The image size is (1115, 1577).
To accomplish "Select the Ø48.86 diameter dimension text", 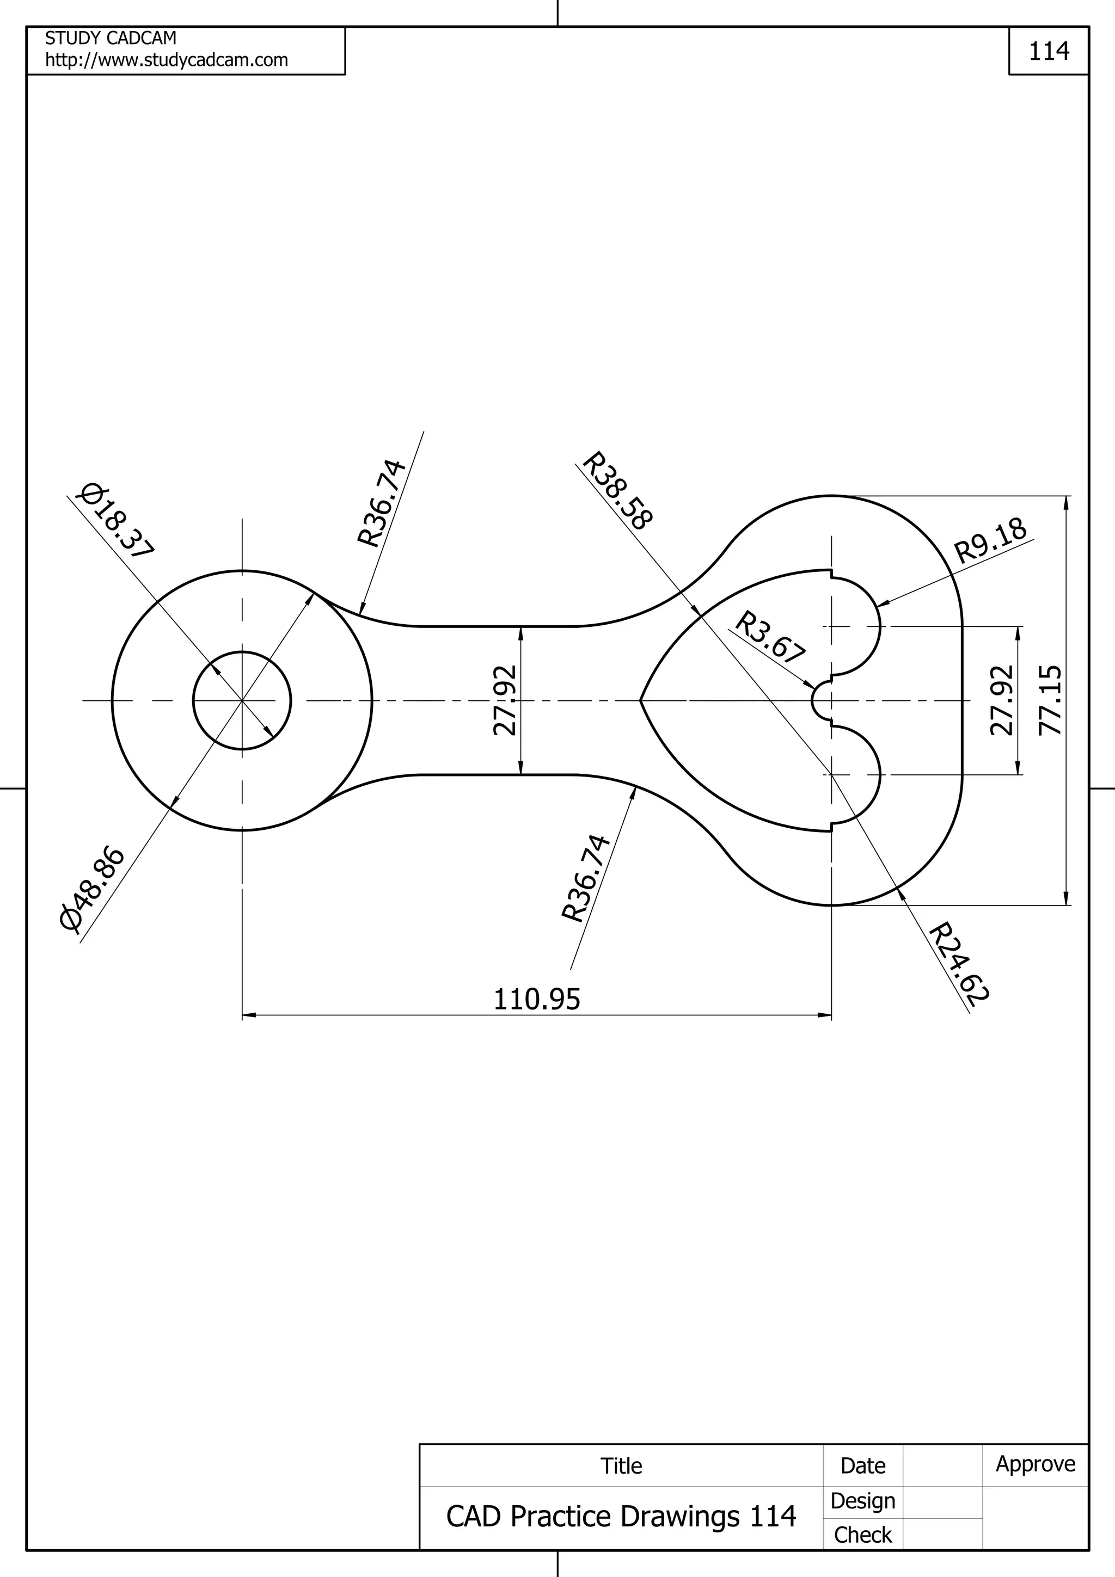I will [93, 890].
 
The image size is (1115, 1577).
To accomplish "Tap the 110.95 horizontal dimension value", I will [537, 999].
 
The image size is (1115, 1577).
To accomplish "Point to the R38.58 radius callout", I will [616, 491].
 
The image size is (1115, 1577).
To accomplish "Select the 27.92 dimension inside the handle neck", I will [505, 700].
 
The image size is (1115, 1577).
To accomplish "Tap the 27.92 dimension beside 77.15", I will [1002, 700].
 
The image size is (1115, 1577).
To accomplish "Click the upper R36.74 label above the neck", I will [382, 503].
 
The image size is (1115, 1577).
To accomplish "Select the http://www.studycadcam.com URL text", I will [166, 60].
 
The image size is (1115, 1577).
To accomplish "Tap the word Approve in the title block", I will [1036, 1464].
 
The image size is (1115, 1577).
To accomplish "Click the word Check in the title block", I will [862, 1535].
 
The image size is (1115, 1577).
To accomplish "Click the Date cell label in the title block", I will [862, 1466].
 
